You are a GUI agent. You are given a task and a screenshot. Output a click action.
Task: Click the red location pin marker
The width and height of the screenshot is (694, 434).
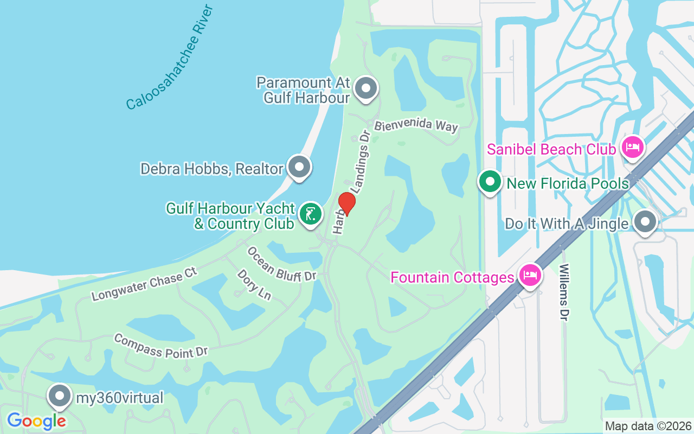[346, 203]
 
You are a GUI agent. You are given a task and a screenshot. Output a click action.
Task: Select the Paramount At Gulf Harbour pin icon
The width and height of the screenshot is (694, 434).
[366, 87]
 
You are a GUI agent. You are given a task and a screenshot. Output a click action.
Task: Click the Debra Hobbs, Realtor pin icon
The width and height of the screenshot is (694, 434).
[299, 168]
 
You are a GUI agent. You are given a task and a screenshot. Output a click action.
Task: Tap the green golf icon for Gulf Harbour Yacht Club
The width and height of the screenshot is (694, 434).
[310, 215]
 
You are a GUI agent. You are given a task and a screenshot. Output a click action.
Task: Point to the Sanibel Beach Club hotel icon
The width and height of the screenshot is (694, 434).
[632, 147]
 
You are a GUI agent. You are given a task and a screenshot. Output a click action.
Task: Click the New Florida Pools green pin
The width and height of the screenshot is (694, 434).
[491, 183]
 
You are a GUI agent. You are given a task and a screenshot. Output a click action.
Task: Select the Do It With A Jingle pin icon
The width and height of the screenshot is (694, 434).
[645, 222]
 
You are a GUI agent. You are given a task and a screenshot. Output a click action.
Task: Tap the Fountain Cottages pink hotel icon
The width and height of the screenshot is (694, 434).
[530, 276]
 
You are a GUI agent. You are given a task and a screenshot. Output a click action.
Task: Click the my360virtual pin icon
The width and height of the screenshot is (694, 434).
[60, 397]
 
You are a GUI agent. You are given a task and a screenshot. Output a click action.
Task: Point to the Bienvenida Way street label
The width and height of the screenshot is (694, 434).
[416, 125]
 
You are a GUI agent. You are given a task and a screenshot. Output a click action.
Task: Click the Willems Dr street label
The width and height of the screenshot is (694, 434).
[564, 292]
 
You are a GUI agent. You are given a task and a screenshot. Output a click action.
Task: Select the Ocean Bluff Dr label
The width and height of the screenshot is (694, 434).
[281, 264]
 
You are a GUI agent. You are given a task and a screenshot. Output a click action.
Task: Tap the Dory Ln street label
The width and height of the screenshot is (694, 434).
[254, 284]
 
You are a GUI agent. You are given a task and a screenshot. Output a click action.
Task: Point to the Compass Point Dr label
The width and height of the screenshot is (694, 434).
[161, 346]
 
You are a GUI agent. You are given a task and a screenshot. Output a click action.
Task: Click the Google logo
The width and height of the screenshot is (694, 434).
[36, 420]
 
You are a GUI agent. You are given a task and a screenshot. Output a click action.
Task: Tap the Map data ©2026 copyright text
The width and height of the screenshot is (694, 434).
[648, 426]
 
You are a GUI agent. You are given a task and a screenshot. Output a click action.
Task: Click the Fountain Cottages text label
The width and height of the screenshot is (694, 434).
[452, 277]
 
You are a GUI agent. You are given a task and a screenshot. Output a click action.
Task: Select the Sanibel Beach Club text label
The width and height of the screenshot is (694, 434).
[551, 149]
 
